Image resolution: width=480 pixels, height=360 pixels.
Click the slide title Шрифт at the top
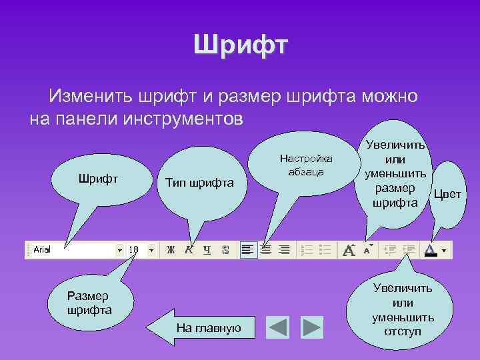click(x=240, y=46)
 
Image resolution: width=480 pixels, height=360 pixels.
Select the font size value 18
click(x=133, y=249)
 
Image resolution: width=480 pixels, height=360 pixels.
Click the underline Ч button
click(x=207, y=250)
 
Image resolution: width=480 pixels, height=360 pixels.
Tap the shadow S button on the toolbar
click(x=225, y=250)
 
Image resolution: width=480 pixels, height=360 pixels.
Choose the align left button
click(x=248, y=250)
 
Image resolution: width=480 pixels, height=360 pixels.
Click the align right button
click(x=284, y=250)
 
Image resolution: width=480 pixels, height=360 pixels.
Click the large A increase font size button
click(x=348, y=250)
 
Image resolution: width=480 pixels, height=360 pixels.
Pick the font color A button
click(x=431, y=249)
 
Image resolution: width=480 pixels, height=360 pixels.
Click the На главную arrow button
click(x=203, y=327)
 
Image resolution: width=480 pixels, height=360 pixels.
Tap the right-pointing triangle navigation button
click(x=311, y=327)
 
